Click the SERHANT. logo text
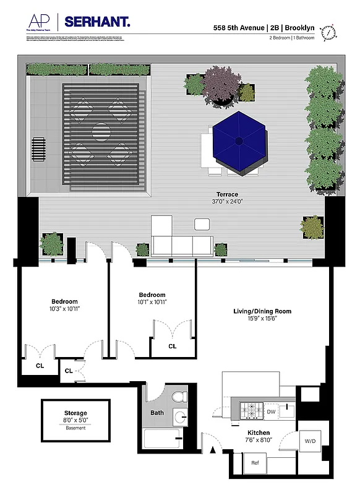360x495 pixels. pyautogui.click(x=98, y=22)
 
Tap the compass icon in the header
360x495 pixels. pyautogui.click(x=331, y=31)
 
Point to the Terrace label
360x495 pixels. pyautogui.click(x=226, y=194)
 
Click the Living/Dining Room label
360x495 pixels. pyautogui.click(x=262, y=311)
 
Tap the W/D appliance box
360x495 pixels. pyautogui.click(x=309, y=442)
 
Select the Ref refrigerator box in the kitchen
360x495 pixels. pyautogui.click(x=255, y=462)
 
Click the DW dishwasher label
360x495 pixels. pyautogui.click(x=271, y=411)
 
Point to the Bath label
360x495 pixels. pyautogui.click(x=157, y=412)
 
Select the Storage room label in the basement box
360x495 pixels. pyautogui.click(x=75, y=413)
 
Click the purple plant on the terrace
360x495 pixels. pyautogui.click(x=221, y=83)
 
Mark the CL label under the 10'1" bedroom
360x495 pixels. pyautogui.click(x=173, y=346)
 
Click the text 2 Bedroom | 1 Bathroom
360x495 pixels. pyautogui.click(x=292, y=38)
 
